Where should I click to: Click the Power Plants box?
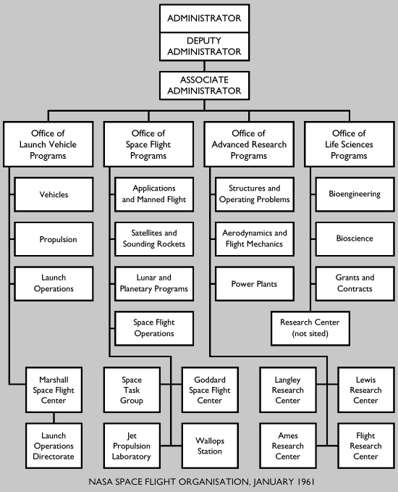coord(254,283)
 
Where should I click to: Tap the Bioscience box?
coord(354,239)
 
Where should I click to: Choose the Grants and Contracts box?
coord(354,283)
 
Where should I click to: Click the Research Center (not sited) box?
coord(310,328)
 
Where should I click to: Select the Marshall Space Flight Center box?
coord(54,390)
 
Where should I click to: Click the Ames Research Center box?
coord(288,446)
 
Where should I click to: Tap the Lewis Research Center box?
coord(365,390)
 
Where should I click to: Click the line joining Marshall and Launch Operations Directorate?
coord(54,417)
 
